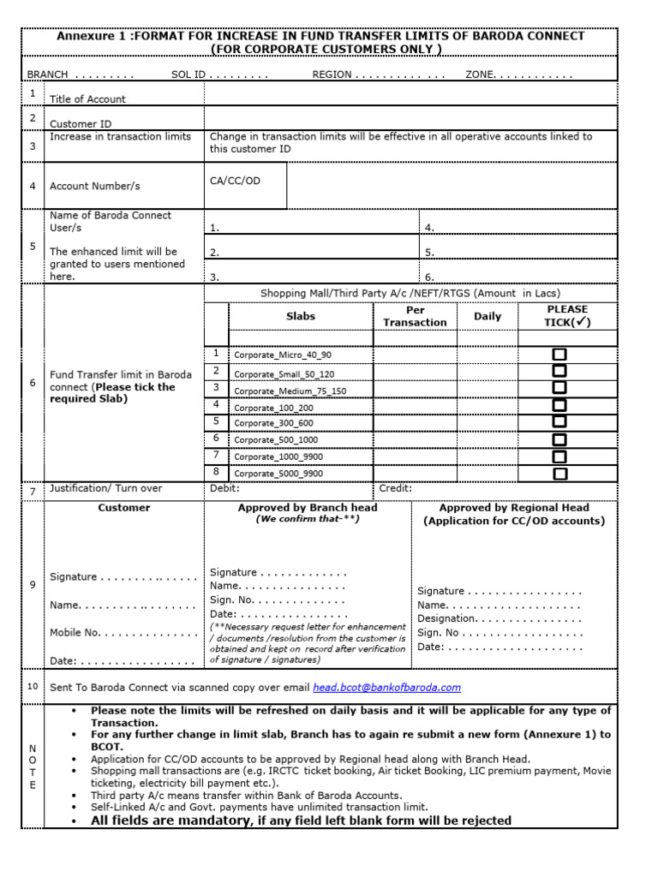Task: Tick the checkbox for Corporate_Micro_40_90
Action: (x=559, y=355)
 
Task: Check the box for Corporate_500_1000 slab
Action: (x=559, y=439)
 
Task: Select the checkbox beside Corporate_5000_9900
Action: (x=559, y=474)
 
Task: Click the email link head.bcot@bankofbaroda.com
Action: (x=386, y=687)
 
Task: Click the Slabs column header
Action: (x=300, y=316)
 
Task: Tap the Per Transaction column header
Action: (x=415, y=316)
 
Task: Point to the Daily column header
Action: (x=488, y=316)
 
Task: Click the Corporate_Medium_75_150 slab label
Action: (x=290, y=391)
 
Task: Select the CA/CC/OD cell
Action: (x=235, y=181)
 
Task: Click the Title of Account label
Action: (x=87, y=99)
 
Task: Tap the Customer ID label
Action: (x=81, y=124)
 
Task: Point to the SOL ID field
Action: (x=219, y=75)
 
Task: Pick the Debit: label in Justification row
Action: (x=224, y=488)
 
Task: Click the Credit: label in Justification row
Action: (x=395, y=488)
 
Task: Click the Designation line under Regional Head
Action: (x=499, y=618)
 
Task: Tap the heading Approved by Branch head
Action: (x=307, y=508)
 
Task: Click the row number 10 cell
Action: (x=33, y=686)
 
